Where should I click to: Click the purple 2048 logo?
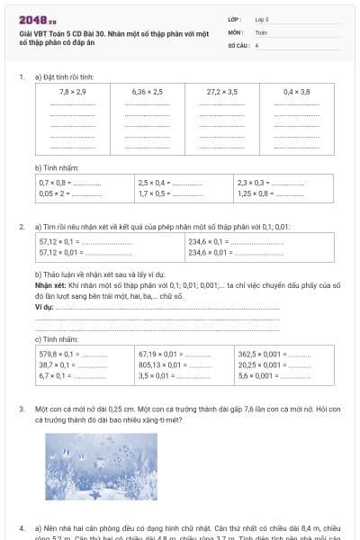click(36, 19)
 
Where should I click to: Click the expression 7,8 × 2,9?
click(72, 92)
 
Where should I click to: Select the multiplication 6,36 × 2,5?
click(147, 92)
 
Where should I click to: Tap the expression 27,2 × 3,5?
click(221, 92)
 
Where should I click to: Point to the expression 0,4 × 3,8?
click(296, 92)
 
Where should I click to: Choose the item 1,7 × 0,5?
click(154, 193)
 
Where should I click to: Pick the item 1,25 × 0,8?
click(255, 193)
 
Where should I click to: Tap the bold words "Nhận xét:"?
click(49, 284)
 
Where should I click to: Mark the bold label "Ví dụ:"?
click(43, 306)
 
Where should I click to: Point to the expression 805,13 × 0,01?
click(161, 365)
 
